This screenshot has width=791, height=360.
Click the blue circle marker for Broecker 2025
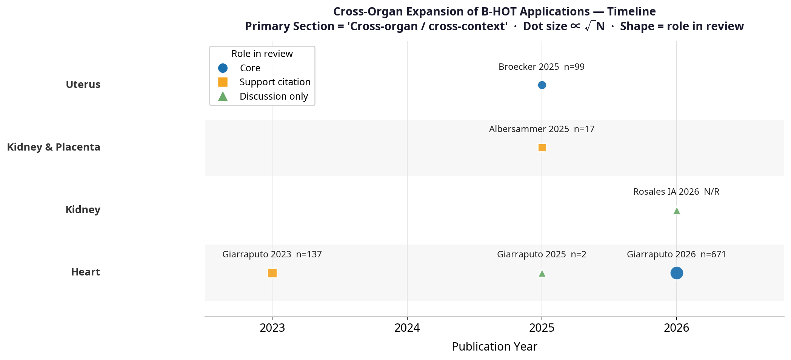click(542, 85)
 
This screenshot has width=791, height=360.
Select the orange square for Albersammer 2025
click(542, 148)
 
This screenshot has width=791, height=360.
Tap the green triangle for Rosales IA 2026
click(677, 211)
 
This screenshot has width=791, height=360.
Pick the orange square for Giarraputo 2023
click(272, 273)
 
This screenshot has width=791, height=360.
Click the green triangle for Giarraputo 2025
click(542, 273)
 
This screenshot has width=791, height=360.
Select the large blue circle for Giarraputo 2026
click(677, 273)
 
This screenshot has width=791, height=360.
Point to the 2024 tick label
click(407, 328)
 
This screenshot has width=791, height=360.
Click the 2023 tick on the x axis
click(272, 328)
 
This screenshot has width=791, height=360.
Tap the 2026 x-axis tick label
click(677, 328)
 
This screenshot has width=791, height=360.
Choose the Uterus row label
click(83, 85)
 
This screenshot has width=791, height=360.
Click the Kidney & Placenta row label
click(54, 147)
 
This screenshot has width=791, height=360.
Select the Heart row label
click(86, 272)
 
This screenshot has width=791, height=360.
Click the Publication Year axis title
click(494, 346)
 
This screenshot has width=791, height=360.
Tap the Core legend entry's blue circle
click(223, 68)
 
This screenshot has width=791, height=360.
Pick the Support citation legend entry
click(275, 82)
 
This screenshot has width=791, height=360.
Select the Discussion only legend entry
click(274, 96)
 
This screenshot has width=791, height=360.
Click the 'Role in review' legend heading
click(262, 54)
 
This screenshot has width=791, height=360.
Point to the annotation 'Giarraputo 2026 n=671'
click(676, 254)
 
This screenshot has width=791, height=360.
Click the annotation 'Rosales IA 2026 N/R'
click(676, 192)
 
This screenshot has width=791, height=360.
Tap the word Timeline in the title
click(631, 12)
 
